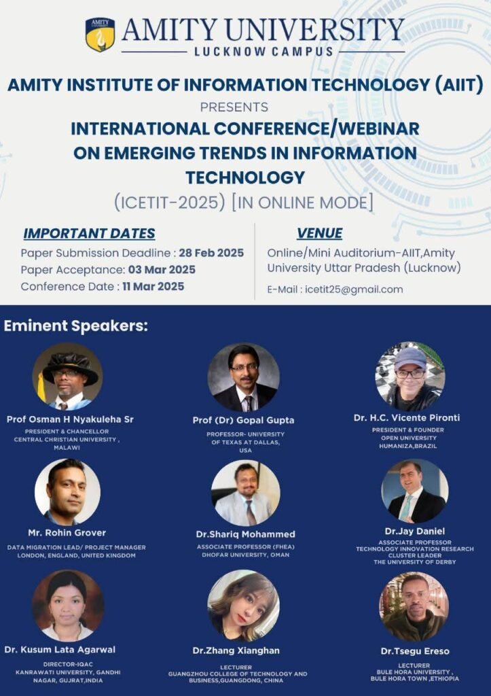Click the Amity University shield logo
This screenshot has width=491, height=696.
[100, 34]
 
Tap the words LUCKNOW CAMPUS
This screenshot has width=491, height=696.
[263, 52]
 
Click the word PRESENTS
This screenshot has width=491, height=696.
[234, 107]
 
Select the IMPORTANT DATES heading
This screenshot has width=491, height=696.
[89, 234]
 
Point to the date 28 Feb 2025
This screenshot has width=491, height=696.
[212, 253]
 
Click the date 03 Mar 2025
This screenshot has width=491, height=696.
[162, 270]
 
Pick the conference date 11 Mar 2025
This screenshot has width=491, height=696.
[153, 286]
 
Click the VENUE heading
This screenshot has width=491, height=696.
[319, 234]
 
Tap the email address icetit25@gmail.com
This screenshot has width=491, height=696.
[354, 290]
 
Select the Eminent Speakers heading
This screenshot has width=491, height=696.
[76, 326]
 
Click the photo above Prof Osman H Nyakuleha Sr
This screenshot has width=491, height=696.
[67, 377]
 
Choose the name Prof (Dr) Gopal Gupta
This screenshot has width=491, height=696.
[244, 420]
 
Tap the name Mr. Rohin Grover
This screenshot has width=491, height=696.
[67, 533]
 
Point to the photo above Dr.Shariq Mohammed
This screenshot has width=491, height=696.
[246, 493]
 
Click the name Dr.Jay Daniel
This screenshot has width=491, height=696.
[415, 531]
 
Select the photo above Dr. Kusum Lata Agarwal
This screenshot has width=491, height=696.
[68, 606]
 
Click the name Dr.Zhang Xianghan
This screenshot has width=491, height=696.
[236, 650]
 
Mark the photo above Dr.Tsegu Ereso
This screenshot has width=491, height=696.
[414, 606]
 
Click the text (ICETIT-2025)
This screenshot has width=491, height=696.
[170, 203]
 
